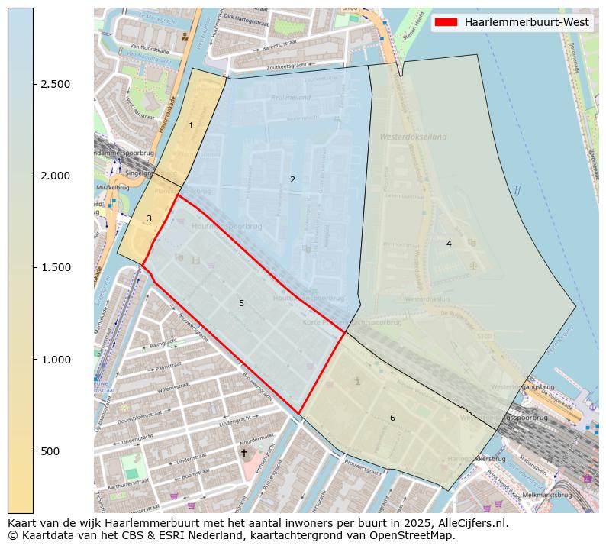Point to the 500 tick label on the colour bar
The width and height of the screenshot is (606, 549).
[50, 451]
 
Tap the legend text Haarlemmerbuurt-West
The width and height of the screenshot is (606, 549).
[527, 22]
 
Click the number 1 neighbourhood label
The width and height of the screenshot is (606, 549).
[191, 125]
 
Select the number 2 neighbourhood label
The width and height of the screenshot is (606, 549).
[292, 179]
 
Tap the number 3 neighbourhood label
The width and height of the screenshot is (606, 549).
[149, 218]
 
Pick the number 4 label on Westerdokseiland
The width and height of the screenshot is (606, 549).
[449, 244]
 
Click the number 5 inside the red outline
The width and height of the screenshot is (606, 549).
[241, 303]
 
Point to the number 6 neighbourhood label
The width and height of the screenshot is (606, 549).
[392, 418]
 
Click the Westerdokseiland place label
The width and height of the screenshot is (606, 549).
[413, 137]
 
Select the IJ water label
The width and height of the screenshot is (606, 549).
[517, 190]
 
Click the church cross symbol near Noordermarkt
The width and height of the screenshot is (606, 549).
[244, 453]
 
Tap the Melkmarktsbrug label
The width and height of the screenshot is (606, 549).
[548, 495]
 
